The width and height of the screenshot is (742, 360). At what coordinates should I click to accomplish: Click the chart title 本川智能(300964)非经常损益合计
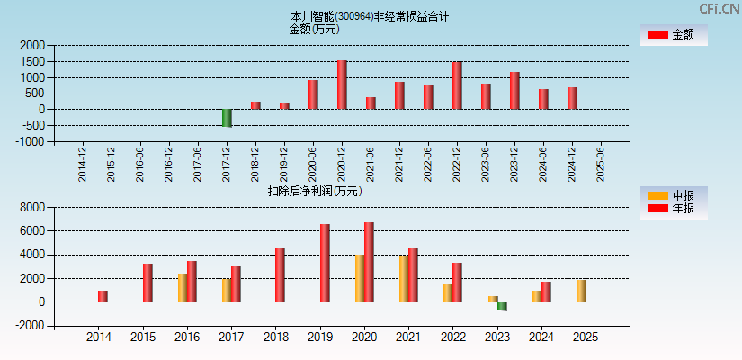[x=370, y=16]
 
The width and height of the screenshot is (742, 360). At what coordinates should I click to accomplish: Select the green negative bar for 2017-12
[x=227, y=118]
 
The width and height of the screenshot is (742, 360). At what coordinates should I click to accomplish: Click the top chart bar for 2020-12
[x=342, y=85]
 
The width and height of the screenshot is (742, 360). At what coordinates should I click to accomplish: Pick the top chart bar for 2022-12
[x=457, y=85]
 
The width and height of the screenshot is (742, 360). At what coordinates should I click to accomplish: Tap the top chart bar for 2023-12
[x=514, y=91]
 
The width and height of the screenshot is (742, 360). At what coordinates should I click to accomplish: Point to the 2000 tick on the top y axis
[x=32, y=45]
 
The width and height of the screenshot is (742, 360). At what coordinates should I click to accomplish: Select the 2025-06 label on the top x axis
[x=601, y=164]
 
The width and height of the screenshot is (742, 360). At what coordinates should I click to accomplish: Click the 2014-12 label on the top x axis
[x=83, y=164]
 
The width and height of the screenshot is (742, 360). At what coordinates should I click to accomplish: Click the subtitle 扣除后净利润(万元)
[x=315, y=191]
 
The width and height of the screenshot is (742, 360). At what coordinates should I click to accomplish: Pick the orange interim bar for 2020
[x=359, y=278]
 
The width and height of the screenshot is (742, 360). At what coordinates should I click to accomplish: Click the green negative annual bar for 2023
[x=502, y=306]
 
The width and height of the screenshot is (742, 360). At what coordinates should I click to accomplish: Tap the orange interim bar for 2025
[x=581, y=291]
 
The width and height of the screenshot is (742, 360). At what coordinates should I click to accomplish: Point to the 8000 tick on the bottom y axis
[x=32, y=207]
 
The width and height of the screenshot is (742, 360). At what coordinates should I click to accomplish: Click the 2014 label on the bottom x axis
[x=98, y=337]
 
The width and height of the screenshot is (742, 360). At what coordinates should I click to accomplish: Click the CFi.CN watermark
[x=719, y=8]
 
